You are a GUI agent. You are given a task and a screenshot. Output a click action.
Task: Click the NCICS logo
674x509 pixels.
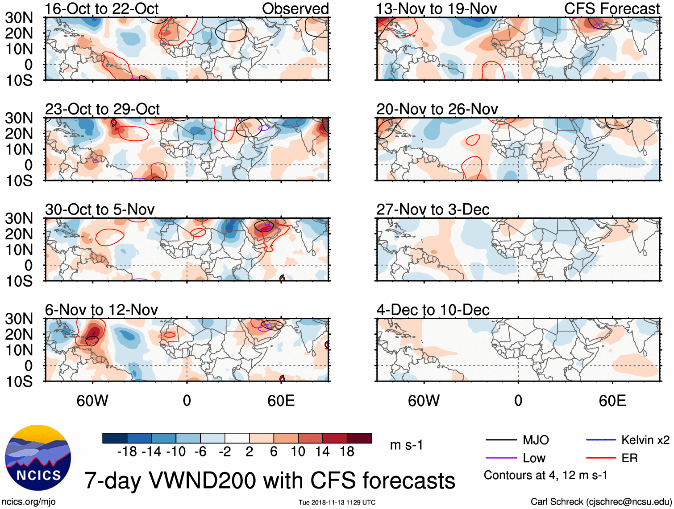pos(38,458)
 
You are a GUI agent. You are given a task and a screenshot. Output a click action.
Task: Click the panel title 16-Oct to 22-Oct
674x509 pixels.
pos(102,8)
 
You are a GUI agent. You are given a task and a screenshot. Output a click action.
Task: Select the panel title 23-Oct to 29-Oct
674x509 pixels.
pos(102,109)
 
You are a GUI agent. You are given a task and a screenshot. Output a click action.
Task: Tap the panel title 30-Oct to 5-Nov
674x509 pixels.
pos(100,209)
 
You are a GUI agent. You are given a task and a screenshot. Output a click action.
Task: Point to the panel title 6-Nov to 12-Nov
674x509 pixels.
pos(101,310)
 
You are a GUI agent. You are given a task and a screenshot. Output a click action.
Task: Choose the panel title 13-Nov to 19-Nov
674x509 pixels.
pos(437,8)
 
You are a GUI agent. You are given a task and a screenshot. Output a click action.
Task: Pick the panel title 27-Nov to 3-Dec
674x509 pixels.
pos(433,209)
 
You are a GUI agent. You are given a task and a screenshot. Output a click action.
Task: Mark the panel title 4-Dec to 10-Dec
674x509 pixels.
pos(433,310)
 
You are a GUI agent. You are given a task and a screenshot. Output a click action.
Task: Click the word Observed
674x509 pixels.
pos(295,8)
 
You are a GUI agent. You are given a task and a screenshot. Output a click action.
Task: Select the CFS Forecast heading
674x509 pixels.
pos(612,8)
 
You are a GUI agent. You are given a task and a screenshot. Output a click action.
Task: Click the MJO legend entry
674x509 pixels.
pos(536,440)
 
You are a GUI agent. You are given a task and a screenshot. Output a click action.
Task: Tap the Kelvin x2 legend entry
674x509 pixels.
pos(645,440)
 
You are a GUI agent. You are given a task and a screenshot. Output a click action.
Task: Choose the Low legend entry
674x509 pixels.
pos(534,458)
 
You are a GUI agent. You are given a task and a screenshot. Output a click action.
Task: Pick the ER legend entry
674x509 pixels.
pos(629,458)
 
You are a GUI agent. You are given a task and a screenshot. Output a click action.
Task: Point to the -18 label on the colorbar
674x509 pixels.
pos(127,452)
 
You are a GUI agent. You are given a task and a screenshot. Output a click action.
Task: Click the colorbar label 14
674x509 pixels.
pos(322,452)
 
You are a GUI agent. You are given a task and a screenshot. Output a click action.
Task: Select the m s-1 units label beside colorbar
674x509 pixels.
pos(406,445)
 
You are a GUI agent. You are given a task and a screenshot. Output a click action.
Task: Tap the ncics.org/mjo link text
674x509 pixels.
pos(29,502)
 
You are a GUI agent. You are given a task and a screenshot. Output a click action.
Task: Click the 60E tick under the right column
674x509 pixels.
pos(612,401)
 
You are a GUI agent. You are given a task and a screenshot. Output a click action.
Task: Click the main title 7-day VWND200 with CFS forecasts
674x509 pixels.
pos(270,481)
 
